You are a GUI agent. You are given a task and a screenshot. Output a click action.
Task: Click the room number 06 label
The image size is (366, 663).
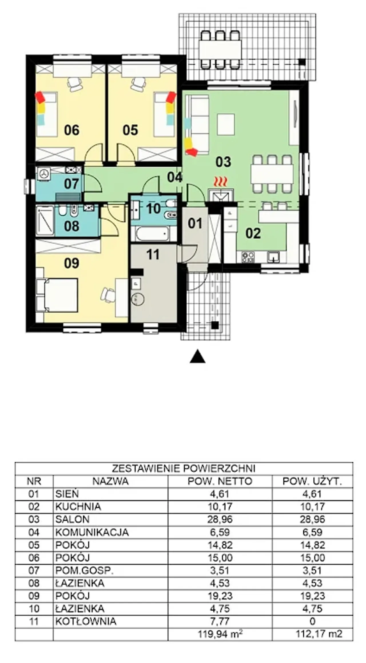point(71,130)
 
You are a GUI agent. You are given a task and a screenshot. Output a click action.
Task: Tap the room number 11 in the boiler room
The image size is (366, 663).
point(153,254)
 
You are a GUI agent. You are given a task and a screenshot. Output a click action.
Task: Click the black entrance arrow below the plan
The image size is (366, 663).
point(198,357)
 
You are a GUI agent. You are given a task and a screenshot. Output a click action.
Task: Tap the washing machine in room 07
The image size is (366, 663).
point(43,174)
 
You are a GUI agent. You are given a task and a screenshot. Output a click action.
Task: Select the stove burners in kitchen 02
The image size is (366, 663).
point(248,257)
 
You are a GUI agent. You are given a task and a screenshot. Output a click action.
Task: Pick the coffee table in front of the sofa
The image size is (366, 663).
point(226,125)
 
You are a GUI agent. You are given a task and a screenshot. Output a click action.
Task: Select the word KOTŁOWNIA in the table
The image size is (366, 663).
point(86,621)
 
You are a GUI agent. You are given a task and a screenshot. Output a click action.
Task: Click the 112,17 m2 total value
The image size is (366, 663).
point(319,634)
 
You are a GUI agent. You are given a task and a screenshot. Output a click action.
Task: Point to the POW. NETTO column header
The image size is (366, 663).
point(220,481)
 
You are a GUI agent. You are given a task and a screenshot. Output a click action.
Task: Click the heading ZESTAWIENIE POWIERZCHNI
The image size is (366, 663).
point(184,469)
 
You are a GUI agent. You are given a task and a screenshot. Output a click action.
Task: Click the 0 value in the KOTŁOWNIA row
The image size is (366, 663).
point(313,621)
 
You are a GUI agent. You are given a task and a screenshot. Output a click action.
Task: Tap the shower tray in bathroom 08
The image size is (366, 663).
point(45,221)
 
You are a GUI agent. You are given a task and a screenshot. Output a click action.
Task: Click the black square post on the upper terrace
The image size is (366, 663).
point(302,61)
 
